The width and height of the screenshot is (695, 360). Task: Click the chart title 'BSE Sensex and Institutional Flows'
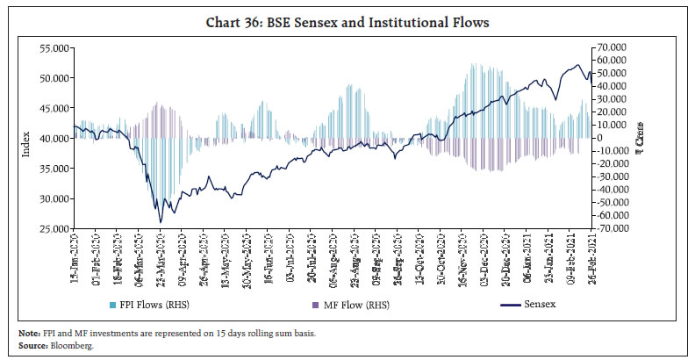[347, 22]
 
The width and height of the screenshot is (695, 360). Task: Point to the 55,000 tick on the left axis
[55, 47]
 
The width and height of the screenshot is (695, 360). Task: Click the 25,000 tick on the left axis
[55, 228]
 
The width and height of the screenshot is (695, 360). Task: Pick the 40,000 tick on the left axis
[55, 138]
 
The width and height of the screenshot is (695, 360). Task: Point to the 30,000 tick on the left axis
[55, 198]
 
